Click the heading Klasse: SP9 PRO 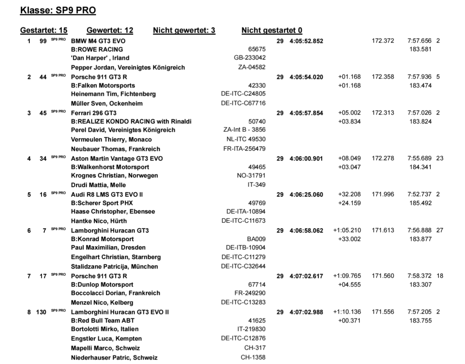[x=58, y=10]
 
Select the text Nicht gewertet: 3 [x=184, y=31]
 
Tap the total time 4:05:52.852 [x=306, y=41]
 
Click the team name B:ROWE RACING [x=97, y=49]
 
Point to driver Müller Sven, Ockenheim [x=107, y=103]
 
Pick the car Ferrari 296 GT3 [x=94, y=113]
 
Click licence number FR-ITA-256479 [x=244, y=149]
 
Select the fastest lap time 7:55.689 [x=419, y=158]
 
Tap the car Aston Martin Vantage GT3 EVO [x=117, y=158]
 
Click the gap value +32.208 [x=349, y=194]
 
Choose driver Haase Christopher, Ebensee [x=113, y=211]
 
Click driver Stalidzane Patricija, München [x=114, y=267]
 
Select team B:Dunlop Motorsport [x=102, y=285]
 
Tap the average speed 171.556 [x=383, y=312]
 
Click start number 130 [x=41, y=312]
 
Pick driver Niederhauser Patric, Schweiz [x=114, y=358]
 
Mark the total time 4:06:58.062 [x=306, y=231]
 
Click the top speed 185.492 [x=420, y=203]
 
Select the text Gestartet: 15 [x=44, y=31]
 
